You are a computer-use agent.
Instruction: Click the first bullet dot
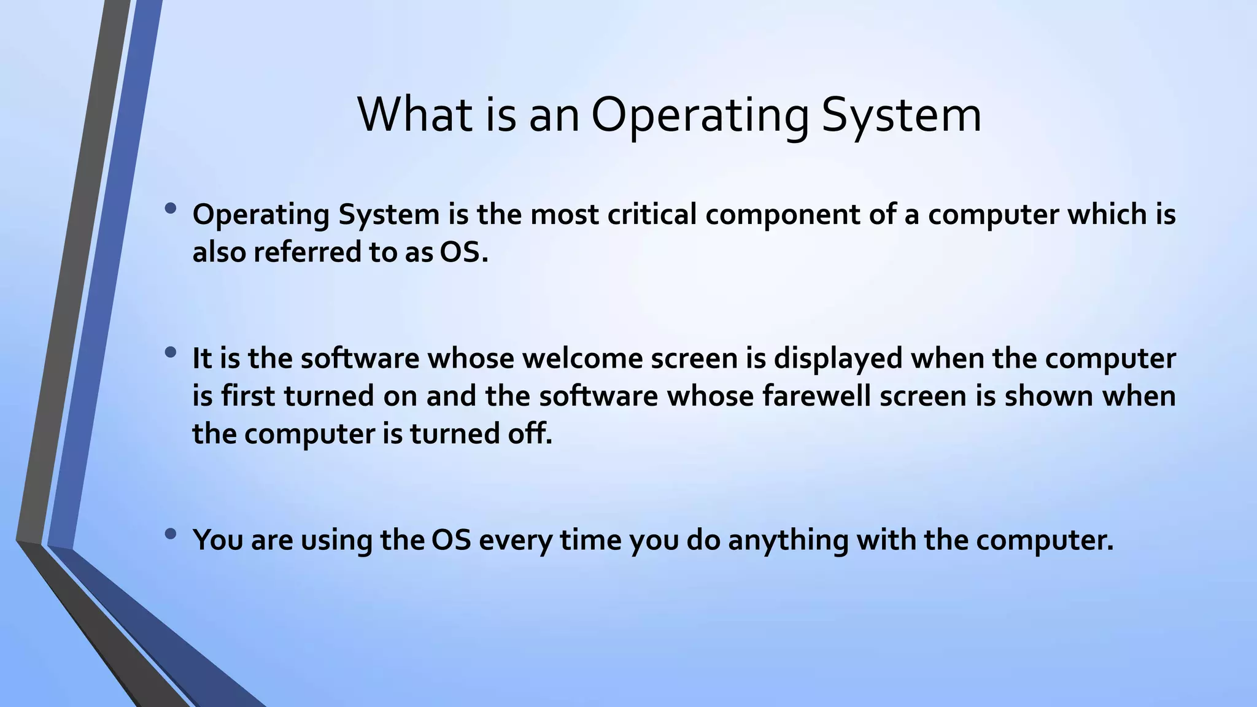click(171, 209)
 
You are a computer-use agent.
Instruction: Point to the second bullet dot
click(171, 353)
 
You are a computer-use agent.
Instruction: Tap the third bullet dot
click(171, 534)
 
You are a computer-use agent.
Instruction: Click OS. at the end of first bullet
click(464, 252)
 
